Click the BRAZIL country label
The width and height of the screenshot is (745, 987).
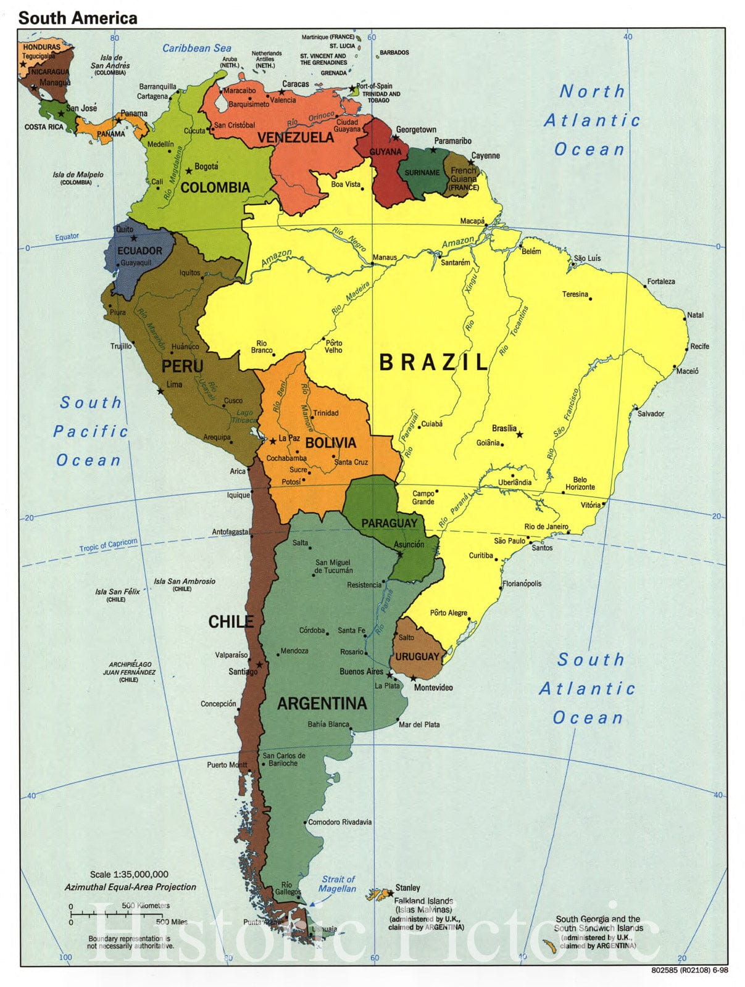pyautogui.click(x=433, y=362)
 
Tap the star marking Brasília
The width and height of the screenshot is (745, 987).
pyautogui.click(x=520, y=435)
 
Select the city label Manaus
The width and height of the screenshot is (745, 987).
pyautogui.click(x=385, y=257)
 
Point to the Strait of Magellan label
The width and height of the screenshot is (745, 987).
pyautogui.click(x=338, y=884)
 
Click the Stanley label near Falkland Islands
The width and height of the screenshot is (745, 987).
pyautogui.click(x=407, y=888)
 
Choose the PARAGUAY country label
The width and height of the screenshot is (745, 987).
pyautogui.click(x=389, y=523)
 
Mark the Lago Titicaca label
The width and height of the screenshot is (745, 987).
pyautogui.click(x=244, y=416)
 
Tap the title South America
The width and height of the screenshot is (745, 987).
pyautogui.click(x=78, y=18)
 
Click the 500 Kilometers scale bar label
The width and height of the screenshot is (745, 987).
pyautogui.click(x=146, y=906)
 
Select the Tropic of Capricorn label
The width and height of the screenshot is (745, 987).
pyautogui.click(x=108, y=545)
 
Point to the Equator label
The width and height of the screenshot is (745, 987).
pyautogui.click(x=67, y=237)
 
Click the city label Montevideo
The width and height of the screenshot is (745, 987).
pyautogui.click(x=433, y=687)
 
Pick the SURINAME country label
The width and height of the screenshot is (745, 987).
pyautogui.click(x=422, y=173)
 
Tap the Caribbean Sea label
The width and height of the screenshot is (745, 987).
pyautogui.click(x=197, y=48)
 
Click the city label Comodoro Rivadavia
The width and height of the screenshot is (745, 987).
pyautogui.click(x=339, y=822)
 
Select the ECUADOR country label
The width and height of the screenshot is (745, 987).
pyautogui.click(x=139, y=250)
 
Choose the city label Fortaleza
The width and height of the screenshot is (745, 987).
pyautogui.click(x=660, y=281)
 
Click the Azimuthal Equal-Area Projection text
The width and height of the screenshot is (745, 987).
pyautogui.click(x=130, y=887)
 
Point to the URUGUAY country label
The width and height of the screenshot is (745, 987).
pyautogui.click(x=417, y=656)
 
